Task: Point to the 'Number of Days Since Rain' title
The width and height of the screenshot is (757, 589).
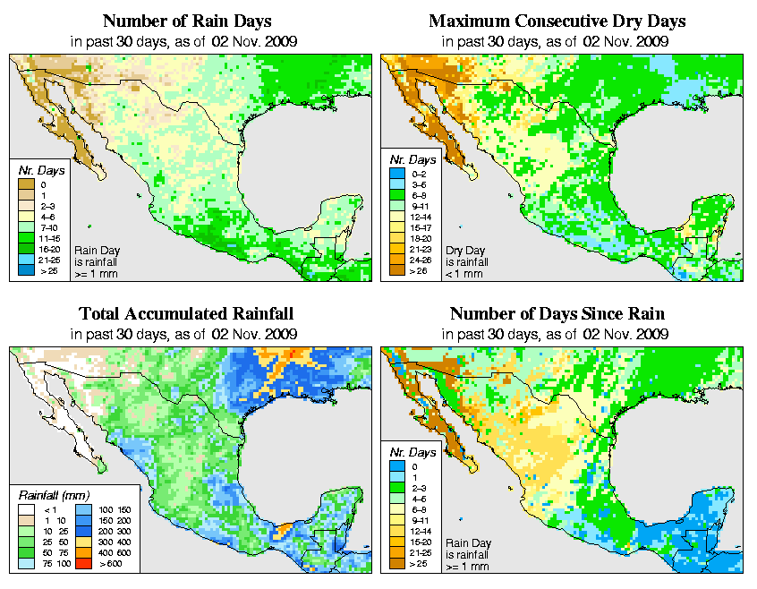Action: [x=557, y=314]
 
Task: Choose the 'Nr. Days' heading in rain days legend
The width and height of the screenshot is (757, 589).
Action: [x=38, y=169]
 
